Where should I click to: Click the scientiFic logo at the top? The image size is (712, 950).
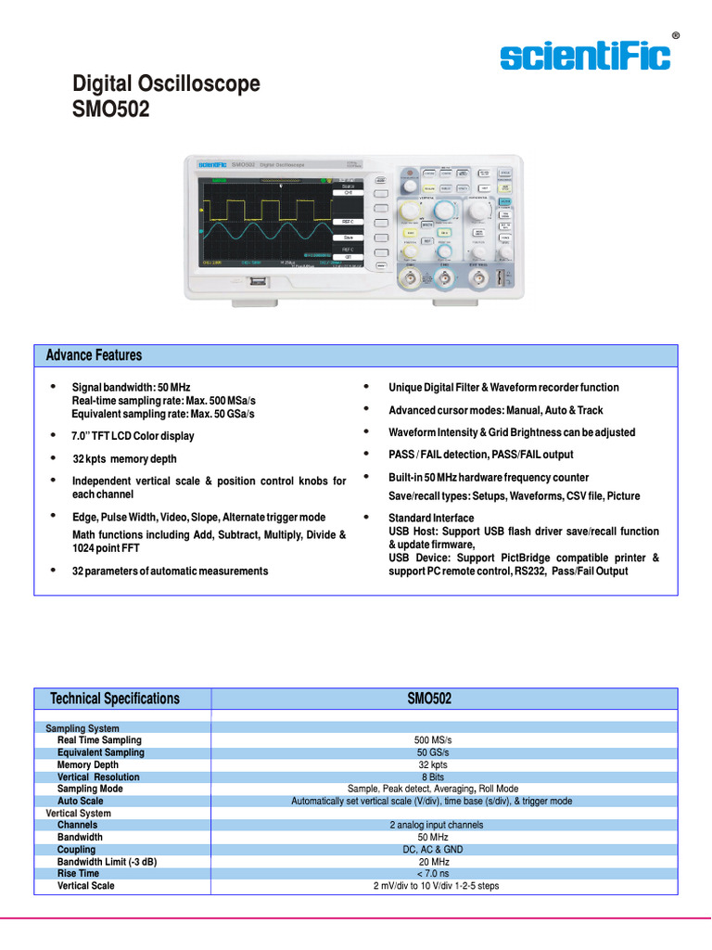point(585,57)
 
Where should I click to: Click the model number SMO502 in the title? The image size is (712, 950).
point(110,109)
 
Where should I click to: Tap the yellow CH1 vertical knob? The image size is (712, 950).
point(409,210)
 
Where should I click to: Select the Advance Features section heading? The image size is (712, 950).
point(94,355)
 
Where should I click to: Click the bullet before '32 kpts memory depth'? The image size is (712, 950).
point(53,457)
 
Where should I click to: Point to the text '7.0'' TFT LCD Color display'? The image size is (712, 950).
point(133,436)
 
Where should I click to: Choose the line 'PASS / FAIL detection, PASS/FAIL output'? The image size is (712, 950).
point(480,455)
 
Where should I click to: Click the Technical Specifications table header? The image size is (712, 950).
point(115,699)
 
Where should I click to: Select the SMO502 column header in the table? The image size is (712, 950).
point(430,699)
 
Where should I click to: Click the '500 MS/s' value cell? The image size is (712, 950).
point(431,740)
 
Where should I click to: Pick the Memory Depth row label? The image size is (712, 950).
point(88,764)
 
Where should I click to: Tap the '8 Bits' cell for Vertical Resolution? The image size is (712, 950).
point(431,777)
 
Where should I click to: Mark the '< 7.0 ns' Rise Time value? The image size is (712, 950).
point(431,873)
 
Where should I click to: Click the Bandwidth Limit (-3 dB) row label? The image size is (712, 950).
point(107,861)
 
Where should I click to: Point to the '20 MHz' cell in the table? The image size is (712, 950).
point(431,861)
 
